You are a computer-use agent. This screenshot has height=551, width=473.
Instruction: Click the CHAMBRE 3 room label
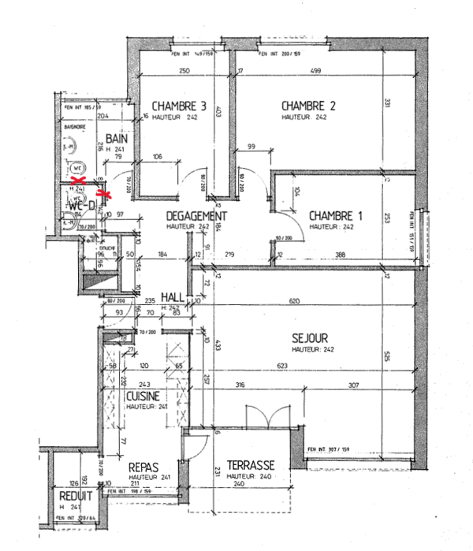coord(179,106)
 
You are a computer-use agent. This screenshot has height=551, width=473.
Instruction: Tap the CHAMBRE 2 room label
coord(309,106)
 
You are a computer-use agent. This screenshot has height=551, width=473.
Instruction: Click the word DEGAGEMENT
coord(196,216)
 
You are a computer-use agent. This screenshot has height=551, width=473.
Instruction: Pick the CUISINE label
coord(143,396)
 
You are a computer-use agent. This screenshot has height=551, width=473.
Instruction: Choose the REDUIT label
coord(76,497)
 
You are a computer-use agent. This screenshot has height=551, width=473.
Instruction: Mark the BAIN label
coord(116,138)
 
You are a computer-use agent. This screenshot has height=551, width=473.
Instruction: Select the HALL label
coord(173,296)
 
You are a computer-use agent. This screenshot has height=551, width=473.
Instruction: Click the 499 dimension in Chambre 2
coord(315,72)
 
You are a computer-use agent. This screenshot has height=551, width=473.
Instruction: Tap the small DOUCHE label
coord(108,248)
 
